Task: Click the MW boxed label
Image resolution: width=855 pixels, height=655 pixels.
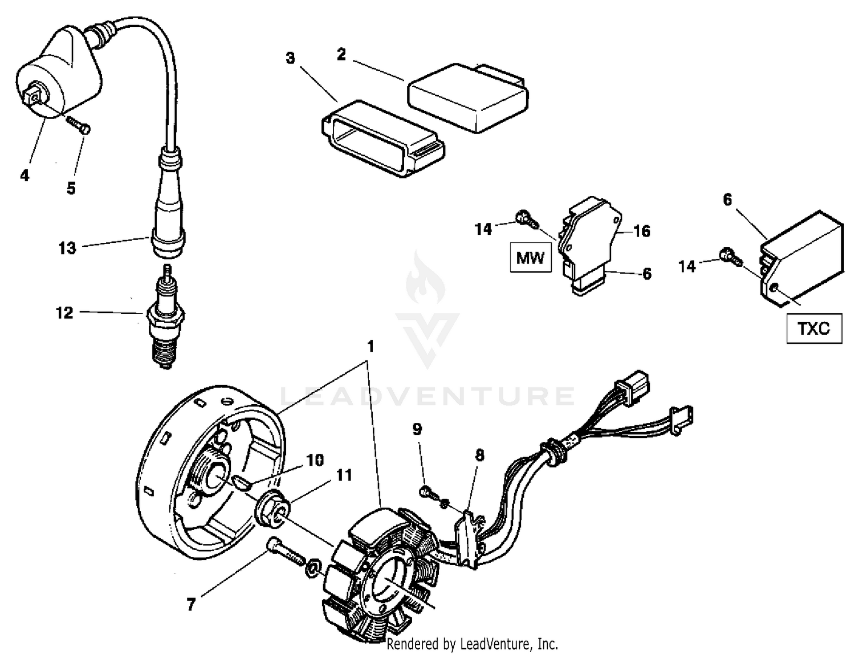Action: click(530, 258)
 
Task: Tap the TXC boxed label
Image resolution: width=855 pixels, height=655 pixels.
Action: click(814, 328)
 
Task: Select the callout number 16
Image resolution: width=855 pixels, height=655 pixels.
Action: click(642, 231)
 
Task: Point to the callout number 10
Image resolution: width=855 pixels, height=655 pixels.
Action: click(315, 460)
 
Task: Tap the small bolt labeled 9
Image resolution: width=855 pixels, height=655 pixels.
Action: click(428, 491)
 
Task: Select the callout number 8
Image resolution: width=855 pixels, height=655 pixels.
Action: click(480, 455)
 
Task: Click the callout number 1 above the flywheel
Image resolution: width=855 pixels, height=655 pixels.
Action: click(370, 347)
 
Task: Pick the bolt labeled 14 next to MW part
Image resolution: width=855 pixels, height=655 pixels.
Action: click(524, 218)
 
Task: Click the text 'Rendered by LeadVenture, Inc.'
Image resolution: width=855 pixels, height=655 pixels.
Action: click(472, 644)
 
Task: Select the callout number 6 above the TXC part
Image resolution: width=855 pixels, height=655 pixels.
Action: click(727, 200)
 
